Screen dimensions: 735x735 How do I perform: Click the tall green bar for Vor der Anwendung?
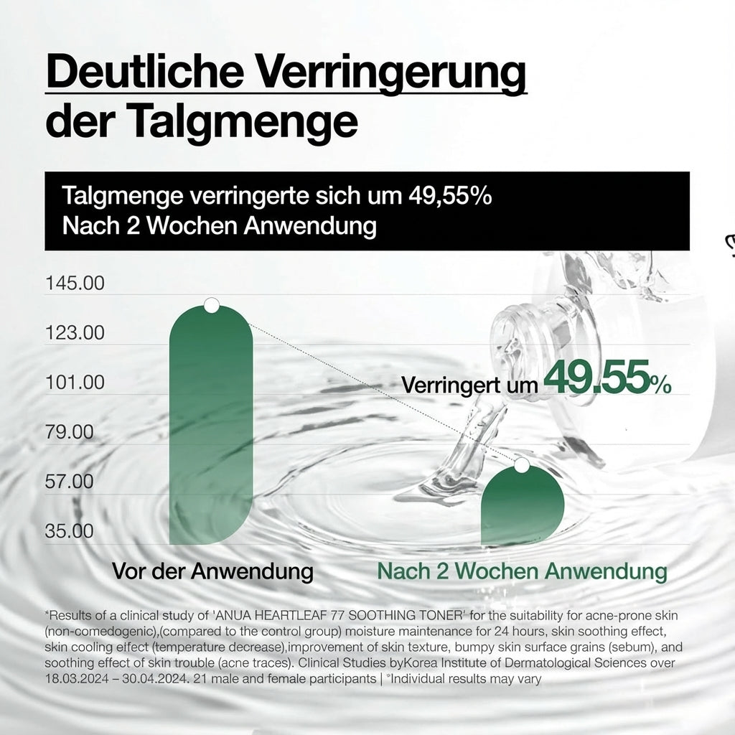pos(211,431)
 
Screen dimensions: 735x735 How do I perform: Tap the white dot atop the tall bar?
pos(211,306)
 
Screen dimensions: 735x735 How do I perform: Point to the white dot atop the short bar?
pos(522,465)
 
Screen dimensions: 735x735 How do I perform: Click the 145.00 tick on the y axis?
pos(75,284)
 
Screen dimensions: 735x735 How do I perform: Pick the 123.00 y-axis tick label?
pos(75,333)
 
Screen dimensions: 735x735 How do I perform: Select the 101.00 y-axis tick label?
pos(75,383)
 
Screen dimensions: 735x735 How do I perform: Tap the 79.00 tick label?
pos(70,432)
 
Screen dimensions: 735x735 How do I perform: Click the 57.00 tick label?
pos(70,482)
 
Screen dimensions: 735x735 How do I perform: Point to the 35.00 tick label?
pos(70,531)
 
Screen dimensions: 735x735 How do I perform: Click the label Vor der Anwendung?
pos(212,572)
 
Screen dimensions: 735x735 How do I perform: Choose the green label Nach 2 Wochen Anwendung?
pos(522,572)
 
